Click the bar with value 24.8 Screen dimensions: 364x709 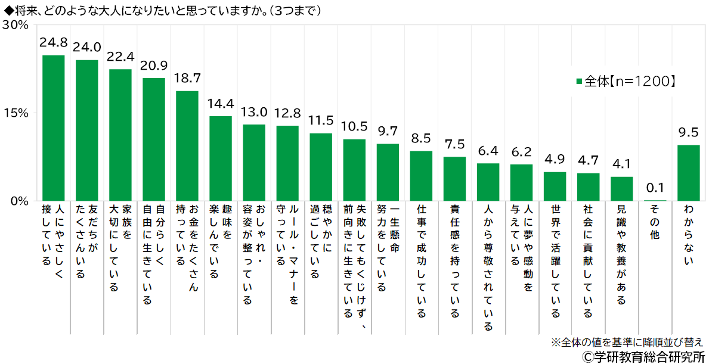54,127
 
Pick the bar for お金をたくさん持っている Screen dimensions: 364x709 187,145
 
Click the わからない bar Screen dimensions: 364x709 689,173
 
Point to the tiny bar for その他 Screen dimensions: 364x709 655,200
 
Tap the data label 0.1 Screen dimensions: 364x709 655,189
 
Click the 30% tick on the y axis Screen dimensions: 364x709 16,25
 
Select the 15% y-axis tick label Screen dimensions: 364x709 16,113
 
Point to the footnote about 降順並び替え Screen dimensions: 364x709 626,343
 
